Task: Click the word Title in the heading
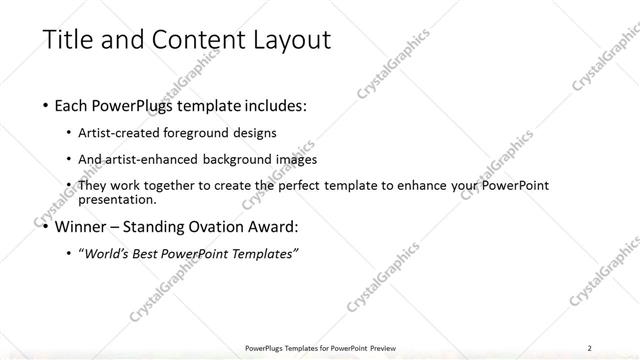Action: pyautogui.click(x=67, y=41)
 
